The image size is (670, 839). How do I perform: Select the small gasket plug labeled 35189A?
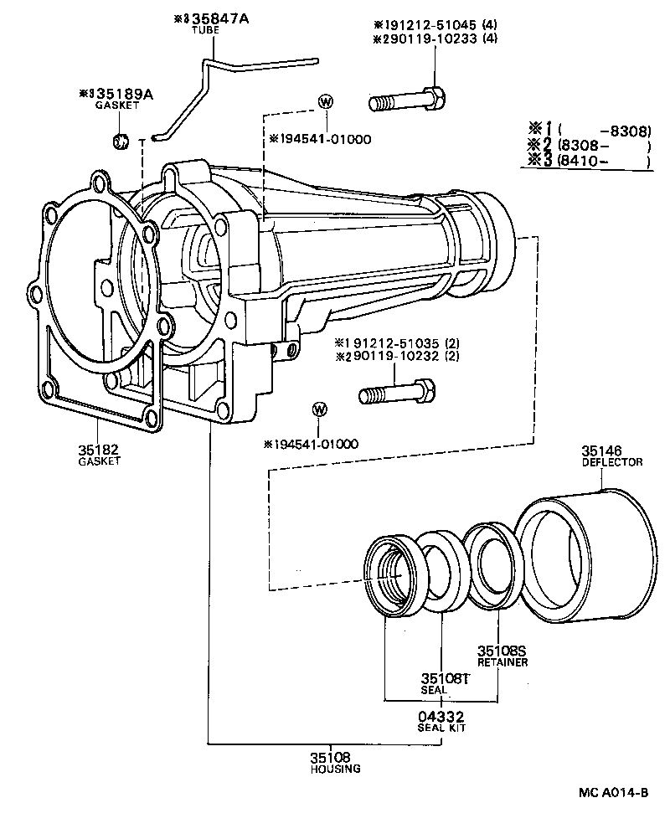(x=121, y=141)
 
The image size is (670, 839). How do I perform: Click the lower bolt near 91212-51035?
(x=396, y=392)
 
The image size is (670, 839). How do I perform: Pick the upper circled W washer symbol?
(x=326, y=102)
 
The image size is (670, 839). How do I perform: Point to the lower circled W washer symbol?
(x=319, y=409)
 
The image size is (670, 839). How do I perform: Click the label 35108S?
(x=501, y=651)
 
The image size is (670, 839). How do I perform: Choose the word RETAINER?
(x=502, y=662)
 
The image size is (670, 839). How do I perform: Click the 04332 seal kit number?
(x=441, y=717)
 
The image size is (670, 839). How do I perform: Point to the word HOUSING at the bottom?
(x=334, y=769)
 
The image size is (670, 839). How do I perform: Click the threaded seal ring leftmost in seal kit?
(x=396, y=577)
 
